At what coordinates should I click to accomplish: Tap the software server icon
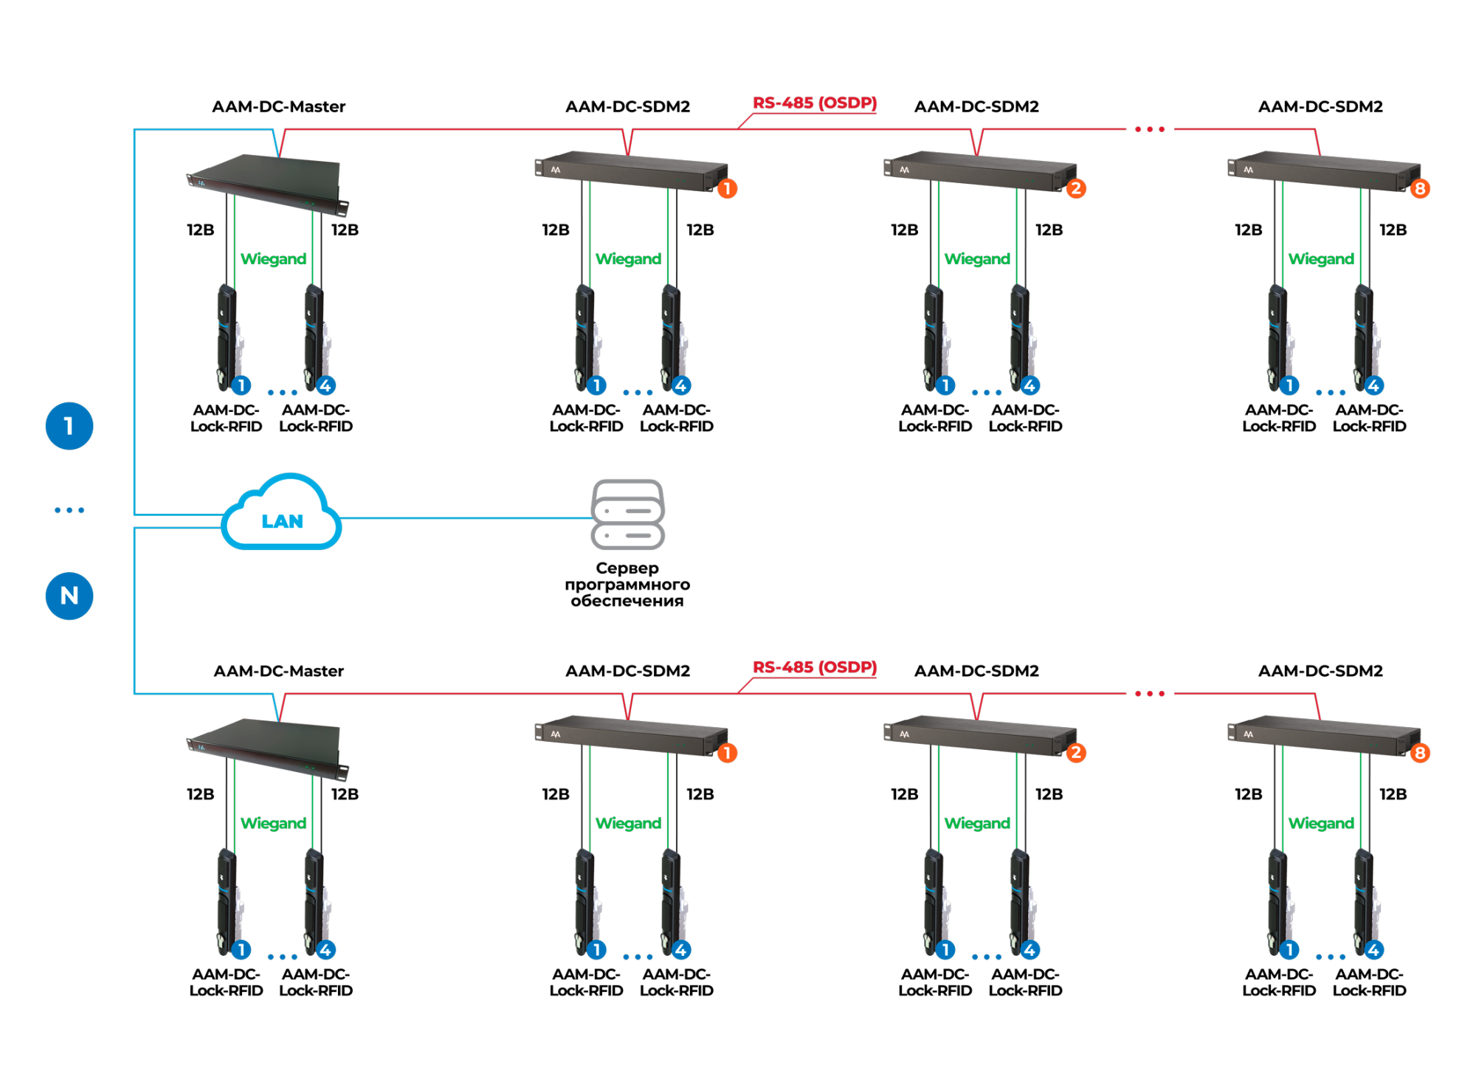tap(627, 514)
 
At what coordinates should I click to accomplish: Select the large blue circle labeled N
tap(69, 596)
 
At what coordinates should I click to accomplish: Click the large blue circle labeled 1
tap(69, 426)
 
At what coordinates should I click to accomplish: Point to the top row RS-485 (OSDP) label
tap(814, 103)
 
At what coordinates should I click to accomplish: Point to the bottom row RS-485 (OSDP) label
tap(814, 667)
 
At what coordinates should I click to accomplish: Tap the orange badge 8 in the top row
tap(1419, 189)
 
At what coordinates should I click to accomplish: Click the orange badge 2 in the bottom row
tap(1075, 753)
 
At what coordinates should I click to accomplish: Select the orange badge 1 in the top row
tap(727, 189)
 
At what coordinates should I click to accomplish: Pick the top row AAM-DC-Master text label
tap(278, 106)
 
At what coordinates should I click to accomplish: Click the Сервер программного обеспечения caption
tap(627, 584)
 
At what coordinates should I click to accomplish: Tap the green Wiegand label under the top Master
tap(273, 259)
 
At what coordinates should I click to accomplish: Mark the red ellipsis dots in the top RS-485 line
tap(1149, 129)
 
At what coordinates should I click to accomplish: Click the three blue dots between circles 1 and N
tap(69, 510)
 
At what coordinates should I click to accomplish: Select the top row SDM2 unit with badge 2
tap(979, 171)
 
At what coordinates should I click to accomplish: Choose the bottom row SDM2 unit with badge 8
tap(1323, 735)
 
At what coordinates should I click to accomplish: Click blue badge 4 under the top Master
tap(325, 385)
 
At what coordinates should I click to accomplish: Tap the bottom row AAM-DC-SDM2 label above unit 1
tap(627, 671)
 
